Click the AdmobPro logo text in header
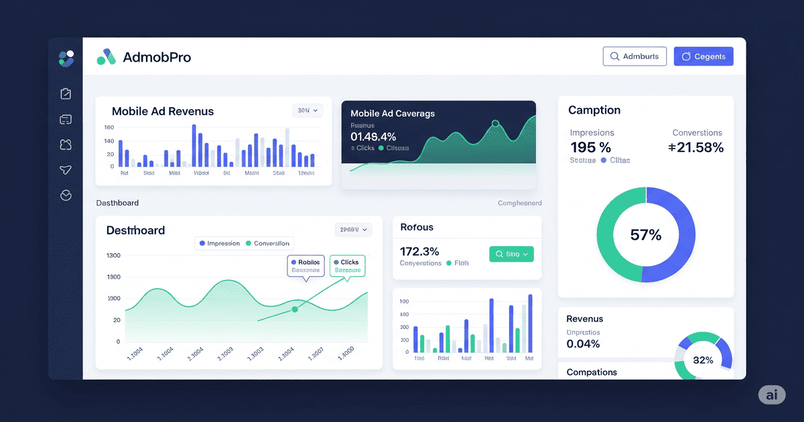pos(157,58)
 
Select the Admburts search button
pos(634,56)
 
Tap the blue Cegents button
pos(703,56)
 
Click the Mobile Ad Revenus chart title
pos(163,111)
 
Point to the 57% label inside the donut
pos(646,235)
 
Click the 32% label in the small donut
pos(703,360)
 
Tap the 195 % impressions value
pos(590,148)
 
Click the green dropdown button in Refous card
pos(511,254)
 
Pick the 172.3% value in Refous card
pos(419,252)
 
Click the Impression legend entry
pos(219,244)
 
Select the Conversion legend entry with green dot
pos(268,244)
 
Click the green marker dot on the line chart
pos(295,309)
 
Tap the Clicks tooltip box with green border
pos(347,266)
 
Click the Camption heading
pos(594,111)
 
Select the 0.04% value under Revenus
pos(583,344)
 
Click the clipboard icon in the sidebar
pos(66,94)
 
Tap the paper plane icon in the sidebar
pos(66,170)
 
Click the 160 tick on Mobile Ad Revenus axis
pos(109,127)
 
